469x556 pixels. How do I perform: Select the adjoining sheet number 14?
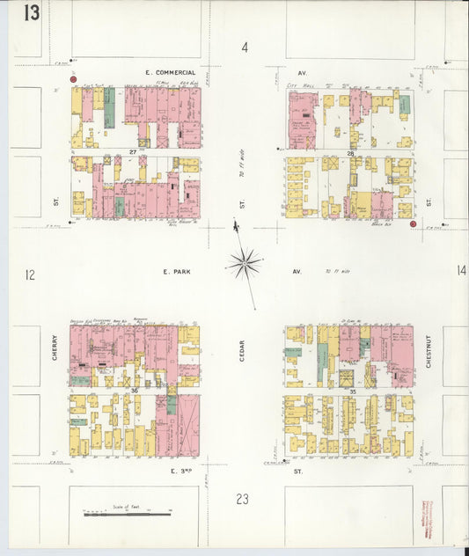pyautogui.click(x=460, y=270)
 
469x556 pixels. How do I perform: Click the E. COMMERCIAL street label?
pyautogui.click(x=171, y=72)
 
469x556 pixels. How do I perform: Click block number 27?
pyautogui.click(x=134, y=152)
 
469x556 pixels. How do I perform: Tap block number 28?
pyautogui.click(x=349, y=154)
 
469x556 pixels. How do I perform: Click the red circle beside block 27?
pyautogui.click(x=75, y=79)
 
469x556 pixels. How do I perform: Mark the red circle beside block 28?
pyautogui.click(x=413, y=224)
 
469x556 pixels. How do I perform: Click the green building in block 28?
pyautogui.click(x=404, y=106)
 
